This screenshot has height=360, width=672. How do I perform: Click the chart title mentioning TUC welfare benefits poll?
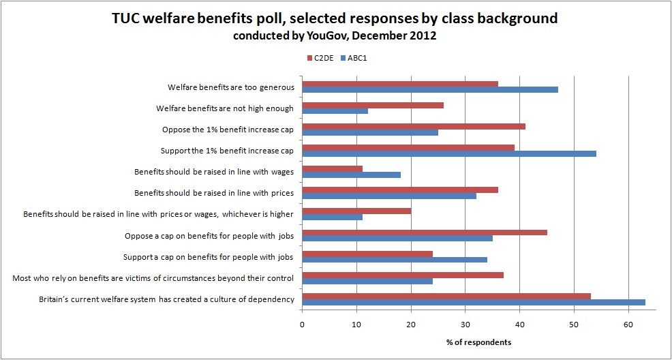point(335,18)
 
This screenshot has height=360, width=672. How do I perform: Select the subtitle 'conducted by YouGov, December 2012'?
point(335,36)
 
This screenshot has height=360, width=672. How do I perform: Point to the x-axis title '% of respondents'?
point(478,341)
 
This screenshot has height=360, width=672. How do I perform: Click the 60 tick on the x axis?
point(628,325)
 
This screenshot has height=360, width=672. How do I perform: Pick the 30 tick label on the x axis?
point(465,325)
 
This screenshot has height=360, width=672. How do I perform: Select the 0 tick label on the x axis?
point(302,325)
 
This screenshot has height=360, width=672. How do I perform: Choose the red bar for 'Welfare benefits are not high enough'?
point(373,105)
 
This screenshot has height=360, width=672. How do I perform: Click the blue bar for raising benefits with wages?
point(351,174)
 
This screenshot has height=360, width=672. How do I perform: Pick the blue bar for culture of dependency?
point(474,302)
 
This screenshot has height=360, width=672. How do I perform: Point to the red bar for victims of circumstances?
point(403,275)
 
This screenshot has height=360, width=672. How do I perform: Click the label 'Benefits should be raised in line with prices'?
point(214,193)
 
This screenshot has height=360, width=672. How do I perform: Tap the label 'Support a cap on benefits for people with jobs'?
point(208,257)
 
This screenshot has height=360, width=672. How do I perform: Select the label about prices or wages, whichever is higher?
point(158,214)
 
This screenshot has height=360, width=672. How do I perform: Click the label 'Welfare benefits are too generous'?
point(230,87)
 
